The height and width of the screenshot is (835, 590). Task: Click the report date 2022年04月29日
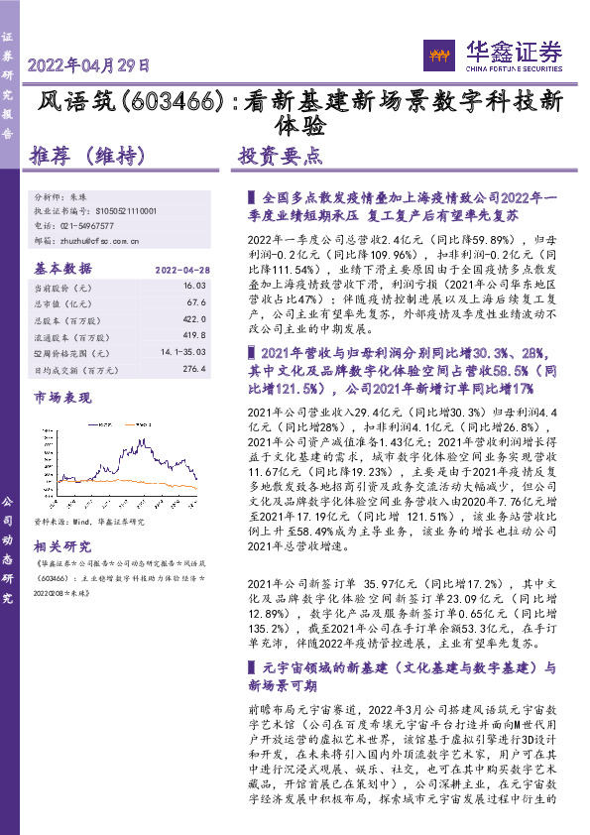[x=88, y=66]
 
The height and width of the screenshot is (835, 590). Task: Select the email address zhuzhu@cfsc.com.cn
[x=102, y=240]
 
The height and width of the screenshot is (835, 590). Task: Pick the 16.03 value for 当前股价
[x=194, y=286]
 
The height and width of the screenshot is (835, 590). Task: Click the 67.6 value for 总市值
[x=195, y=303]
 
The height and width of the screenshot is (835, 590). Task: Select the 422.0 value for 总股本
[x=193, y=320]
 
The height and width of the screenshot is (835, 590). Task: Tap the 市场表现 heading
[x=62, y=398]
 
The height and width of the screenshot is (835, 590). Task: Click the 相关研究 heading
[x=62, y=546]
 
